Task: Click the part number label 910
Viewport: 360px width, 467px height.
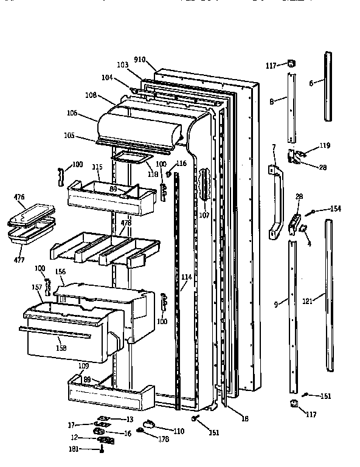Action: pos(140,60)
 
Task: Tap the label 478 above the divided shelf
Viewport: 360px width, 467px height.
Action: pos(126,223)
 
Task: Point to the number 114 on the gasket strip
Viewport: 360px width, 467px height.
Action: pos(186,277)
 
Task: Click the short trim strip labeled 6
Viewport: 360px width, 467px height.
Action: pos(329,85)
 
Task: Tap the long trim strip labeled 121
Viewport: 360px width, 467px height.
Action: pos(330,298)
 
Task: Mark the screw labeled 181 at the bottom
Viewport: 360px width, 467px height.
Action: pos(103,450)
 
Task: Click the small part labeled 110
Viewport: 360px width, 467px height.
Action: pos(148,424)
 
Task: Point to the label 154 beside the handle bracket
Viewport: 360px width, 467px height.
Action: pos(335,209)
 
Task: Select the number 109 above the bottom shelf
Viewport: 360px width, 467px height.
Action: pos(83,367)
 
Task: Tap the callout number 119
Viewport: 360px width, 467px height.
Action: pos(325,145)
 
